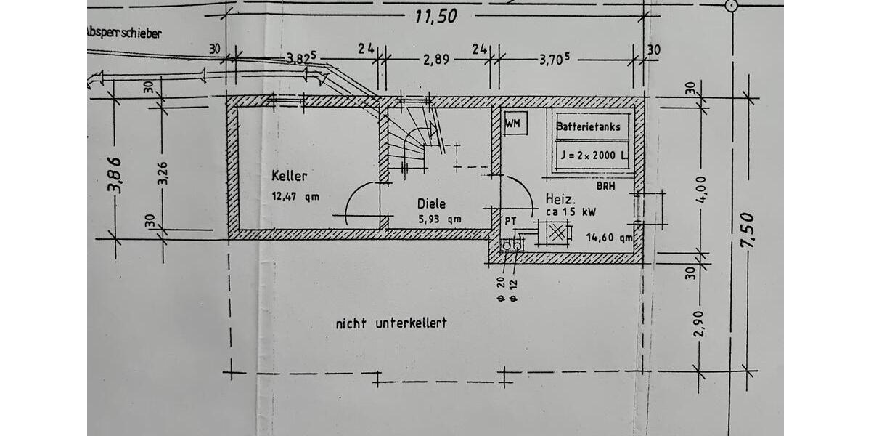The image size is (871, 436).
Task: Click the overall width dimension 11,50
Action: pos(436,17)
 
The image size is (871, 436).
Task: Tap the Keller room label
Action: pos(290,176)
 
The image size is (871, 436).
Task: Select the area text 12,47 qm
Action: pos(295,196)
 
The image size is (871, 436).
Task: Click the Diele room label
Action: pos(431,203)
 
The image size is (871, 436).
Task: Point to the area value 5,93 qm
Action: pos(440,219)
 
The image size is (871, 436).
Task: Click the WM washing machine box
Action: pos(515,124)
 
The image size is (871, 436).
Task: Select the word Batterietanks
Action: pos(588,127)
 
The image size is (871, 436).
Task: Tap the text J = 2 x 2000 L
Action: pos(594,156)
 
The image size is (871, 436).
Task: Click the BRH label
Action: pos(606,186)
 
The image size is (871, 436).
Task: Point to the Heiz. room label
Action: pos(560,199)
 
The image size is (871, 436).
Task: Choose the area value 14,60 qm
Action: pos(609,238)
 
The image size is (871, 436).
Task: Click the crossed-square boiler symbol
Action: pos(557,233)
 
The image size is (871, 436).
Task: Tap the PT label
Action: pos(510,221)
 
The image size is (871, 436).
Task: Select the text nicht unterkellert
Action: pos(391,323)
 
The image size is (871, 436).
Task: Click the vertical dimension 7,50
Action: pos(748,230)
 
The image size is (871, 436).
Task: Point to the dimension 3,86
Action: pos(115,175)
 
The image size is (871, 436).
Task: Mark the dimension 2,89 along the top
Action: pos(436,60)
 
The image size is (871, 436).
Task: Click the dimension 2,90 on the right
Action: pos(699,324)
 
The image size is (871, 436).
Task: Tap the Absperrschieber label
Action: pos(124,33)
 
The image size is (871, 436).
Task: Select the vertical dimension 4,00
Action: pos(701,190)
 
